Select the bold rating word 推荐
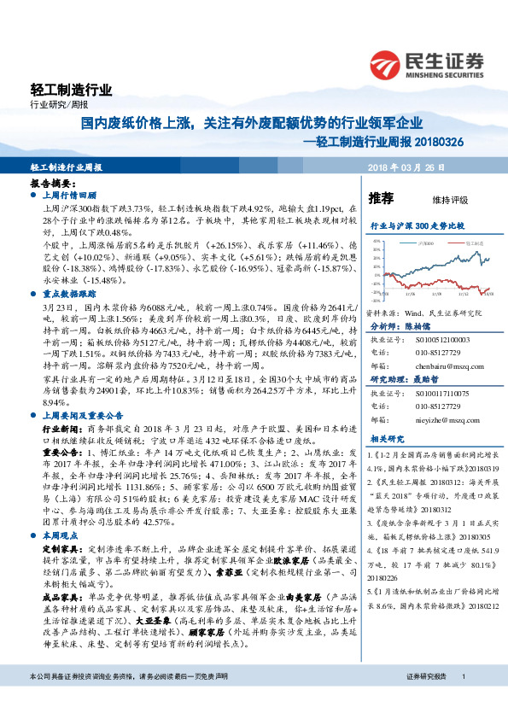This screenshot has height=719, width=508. click(x=381, y=198)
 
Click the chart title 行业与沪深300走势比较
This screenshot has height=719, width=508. click(x=416, y=227)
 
